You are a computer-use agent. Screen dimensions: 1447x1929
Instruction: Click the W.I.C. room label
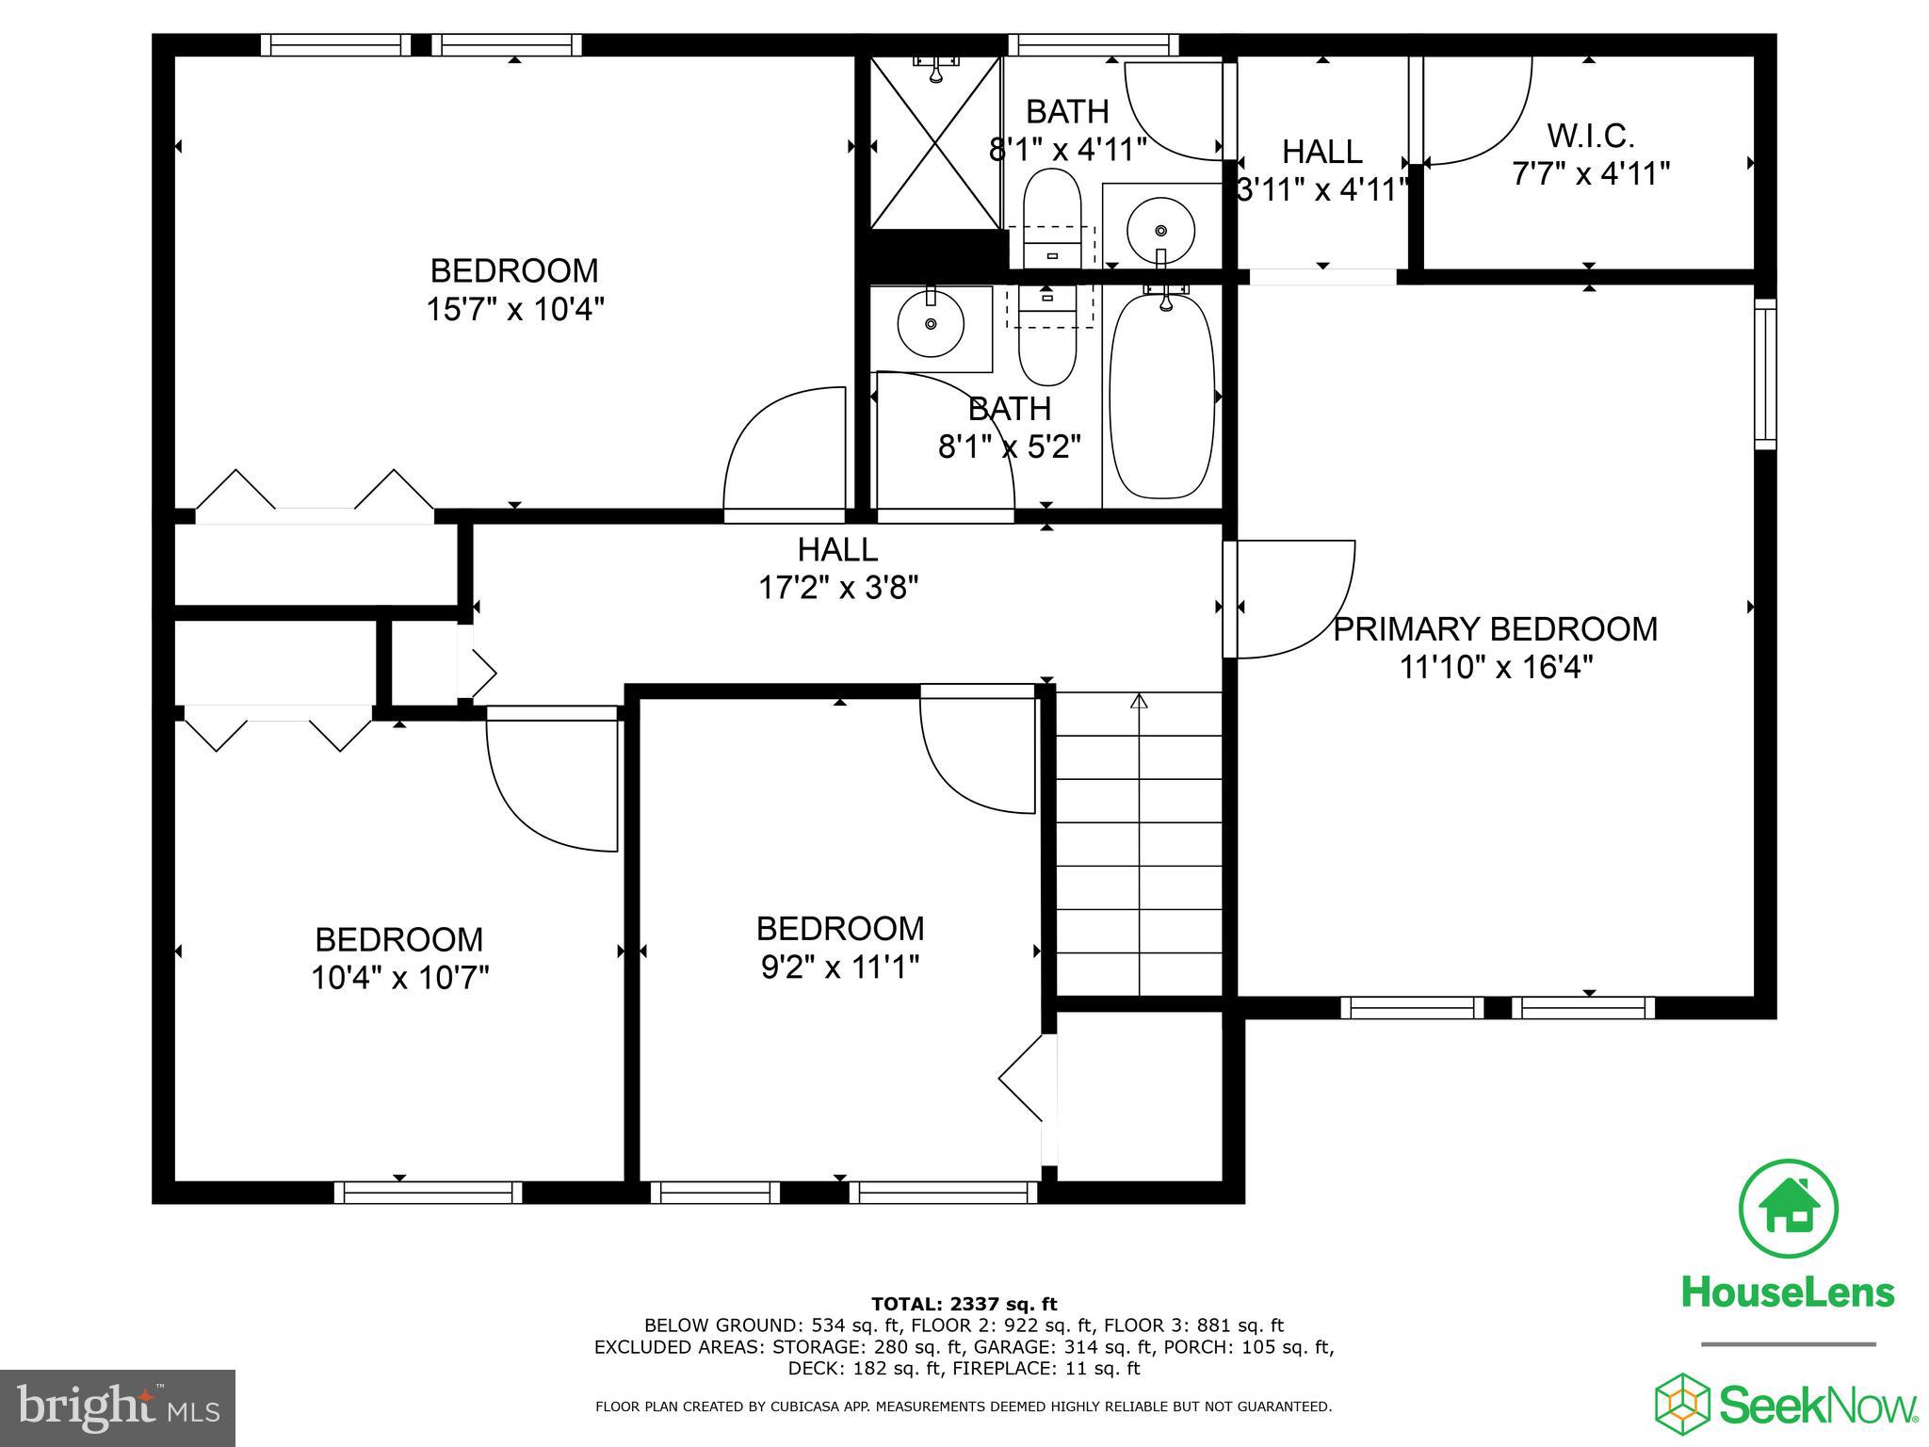(1590, 137)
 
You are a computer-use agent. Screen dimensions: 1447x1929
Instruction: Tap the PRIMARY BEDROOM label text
(1495, 629)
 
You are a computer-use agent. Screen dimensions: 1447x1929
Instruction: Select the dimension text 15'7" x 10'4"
(514, 309)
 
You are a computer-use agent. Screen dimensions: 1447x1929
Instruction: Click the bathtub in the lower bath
(1162, 397)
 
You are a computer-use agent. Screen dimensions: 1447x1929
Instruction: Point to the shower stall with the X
(934, 143)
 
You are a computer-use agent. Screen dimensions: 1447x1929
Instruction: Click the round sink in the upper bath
(1160, 230)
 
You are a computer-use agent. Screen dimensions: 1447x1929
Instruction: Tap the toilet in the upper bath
(1050, 212)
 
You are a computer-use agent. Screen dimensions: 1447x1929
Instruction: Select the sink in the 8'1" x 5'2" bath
(931, 324)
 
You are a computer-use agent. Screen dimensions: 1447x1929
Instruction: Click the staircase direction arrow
(1140, 702)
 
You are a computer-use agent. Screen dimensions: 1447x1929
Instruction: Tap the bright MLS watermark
(118, 1407)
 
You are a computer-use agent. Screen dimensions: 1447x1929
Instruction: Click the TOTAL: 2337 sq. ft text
(964, 1304)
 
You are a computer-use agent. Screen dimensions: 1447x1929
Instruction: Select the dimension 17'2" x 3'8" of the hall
(838, 589)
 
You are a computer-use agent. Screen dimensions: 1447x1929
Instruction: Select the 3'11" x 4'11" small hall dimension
(1321, 190)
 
